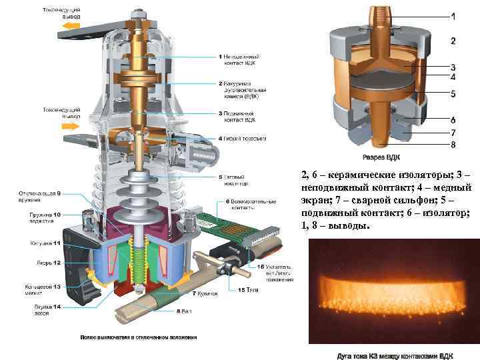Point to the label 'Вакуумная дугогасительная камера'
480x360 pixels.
(x=243, y=89)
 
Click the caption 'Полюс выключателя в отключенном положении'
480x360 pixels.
(x=139, y=337)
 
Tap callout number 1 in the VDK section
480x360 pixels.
(x=453, y=15)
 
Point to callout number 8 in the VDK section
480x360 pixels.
(x=453, y=144)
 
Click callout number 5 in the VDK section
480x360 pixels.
(x=453, y=94)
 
